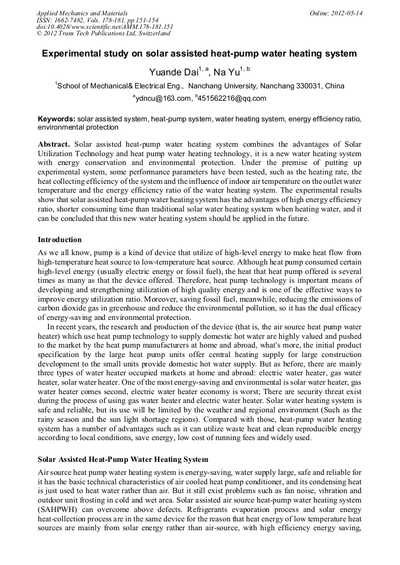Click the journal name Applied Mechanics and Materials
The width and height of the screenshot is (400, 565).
(82, 13)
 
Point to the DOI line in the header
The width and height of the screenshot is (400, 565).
(104, 27)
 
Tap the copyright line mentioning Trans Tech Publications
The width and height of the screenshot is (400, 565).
(103, 34)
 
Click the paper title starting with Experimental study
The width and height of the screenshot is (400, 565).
(199, 54)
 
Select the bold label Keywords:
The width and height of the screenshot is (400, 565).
(56, 119)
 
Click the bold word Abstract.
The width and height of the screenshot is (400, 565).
(54, 144)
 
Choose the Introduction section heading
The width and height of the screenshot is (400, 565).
(60, 240)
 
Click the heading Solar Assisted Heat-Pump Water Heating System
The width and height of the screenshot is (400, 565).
(123, 459)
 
